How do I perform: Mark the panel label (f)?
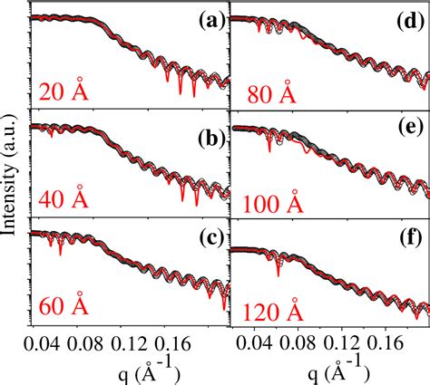coord(408,240)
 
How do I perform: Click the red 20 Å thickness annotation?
coord(64,91)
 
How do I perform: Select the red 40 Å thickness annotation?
coord(64,202)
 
